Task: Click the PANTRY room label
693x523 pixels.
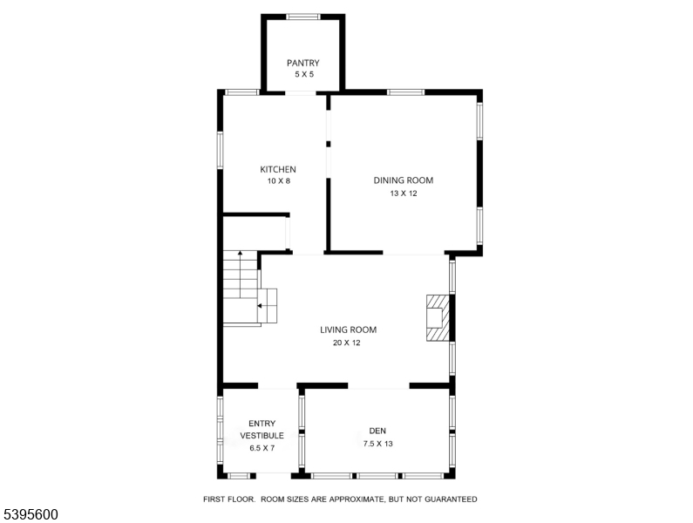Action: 302,64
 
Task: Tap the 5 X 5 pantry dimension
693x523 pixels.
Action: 304,74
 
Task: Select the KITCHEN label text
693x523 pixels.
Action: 278,169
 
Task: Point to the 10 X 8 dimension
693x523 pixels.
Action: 278,180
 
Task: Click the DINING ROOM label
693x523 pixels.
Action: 404,180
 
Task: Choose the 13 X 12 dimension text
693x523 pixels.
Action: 404,194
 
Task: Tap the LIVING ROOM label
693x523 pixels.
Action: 349,329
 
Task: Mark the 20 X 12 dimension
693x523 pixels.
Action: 347,343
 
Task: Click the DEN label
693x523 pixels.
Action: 377,431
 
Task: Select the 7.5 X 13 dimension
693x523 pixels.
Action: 377,444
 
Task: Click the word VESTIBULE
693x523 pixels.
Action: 262,436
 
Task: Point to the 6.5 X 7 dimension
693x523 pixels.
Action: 262,448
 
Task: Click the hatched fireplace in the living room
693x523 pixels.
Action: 438,318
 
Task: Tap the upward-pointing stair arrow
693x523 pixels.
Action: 240,274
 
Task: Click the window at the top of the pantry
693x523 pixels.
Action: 303,17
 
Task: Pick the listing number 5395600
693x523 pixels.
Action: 31,514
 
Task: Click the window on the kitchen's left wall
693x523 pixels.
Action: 220,150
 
